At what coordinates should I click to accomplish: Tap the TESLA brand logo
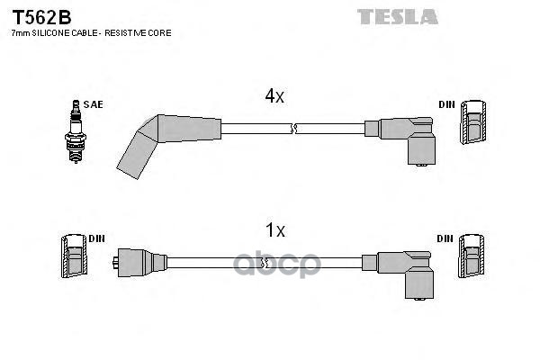click(x=397, y=15)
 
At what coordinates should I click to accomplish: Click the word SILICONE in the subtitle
click(x=51, y=32)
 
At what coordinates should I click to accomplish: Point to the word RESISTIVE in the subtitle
click(x=132, y=32)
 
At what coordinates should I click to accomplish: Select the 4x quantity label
click(x=274, y=96)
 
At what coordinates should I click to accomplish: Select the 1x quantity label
click(x=274, y=231)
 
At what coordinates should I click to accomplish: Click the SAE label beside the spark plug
click(x=93, y=104)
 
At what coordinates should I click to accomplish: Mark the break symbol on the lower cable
click(x=264, y=263)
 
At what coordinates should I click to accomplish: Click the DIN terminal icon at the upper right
click(x=474, y=123)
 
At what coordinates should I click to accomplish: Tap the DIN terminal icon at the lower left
click(x=74, y=256)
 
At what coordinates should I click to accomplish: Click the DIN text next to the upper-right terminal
click(x=446, y=104)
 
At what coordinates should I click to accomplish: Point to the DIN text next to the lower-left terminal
click(x=96, y=238)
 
